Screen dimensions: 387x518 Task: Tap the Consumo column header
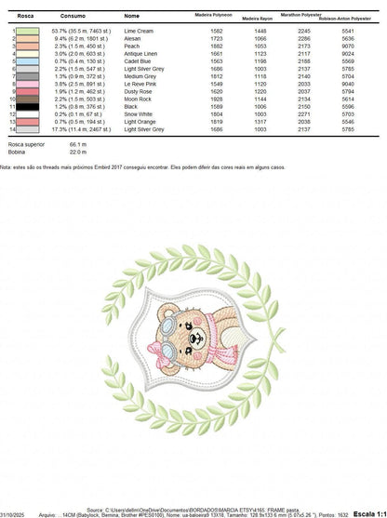pyautogui.click(x=73, y=16)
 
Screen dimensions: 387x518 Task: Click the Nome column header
pyautogui.click(x=132, y=16)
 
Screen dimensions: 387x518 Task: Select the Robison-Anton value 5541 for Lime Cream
pyautogui.click(x=348, y=31)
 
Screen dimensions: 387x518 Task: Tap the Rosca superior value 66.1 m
pyautogui.click(x=76, y=145)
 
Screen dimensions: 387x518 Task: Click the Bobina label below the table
pyautogui.click(x=17, y=153)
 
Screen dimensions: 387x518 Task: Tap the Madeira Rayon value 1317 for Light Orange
pyautogui.click(x=260, y=121)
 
